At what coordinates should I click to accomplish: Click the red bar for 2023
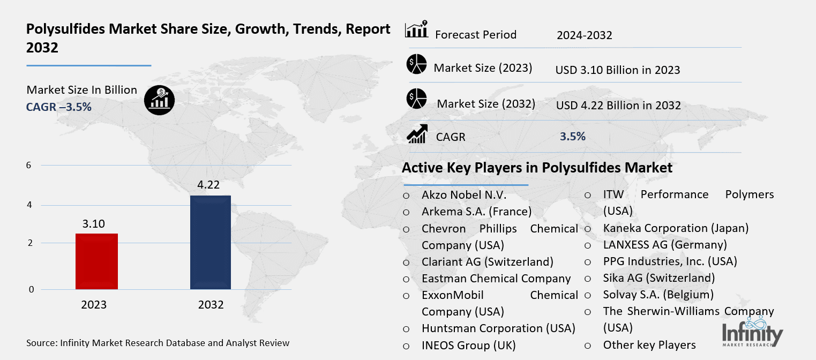point(96,261)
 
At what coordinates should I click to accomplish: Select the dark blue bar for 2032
point(211,242)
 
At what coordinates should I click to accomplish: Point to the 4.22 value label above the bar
point(209,185)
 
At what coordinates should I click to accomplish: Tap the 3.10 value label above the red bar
point(94,223)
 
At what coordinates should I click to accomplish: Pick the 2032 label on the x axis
point(211,305)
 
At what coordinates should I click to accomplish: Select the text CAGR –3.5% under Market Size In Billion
point(59,107)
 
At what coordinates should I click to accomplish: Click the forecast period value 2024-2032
point(584,35)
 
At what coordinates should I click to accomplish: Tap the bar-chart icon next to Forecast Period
point(416,30)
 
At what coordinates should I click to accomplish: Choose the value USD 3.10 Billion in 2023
point(618,70)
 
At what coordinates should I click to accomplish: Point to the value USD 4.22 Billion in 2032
point(618,105)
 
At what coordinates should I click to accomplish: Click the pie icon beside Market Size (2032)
point(416,99)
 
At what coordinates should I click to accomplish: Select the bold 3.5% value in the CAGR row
point(572,137)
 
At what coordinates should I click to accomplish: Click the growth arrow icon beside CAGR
point(416,134)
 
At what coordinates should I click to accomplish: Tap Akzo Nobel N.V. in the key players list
point(464,195)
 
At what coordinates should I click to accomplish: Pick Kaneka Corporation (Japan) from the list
point(676,228)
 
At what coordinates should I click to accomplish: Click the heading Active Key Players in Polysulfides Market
point(537,168)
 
